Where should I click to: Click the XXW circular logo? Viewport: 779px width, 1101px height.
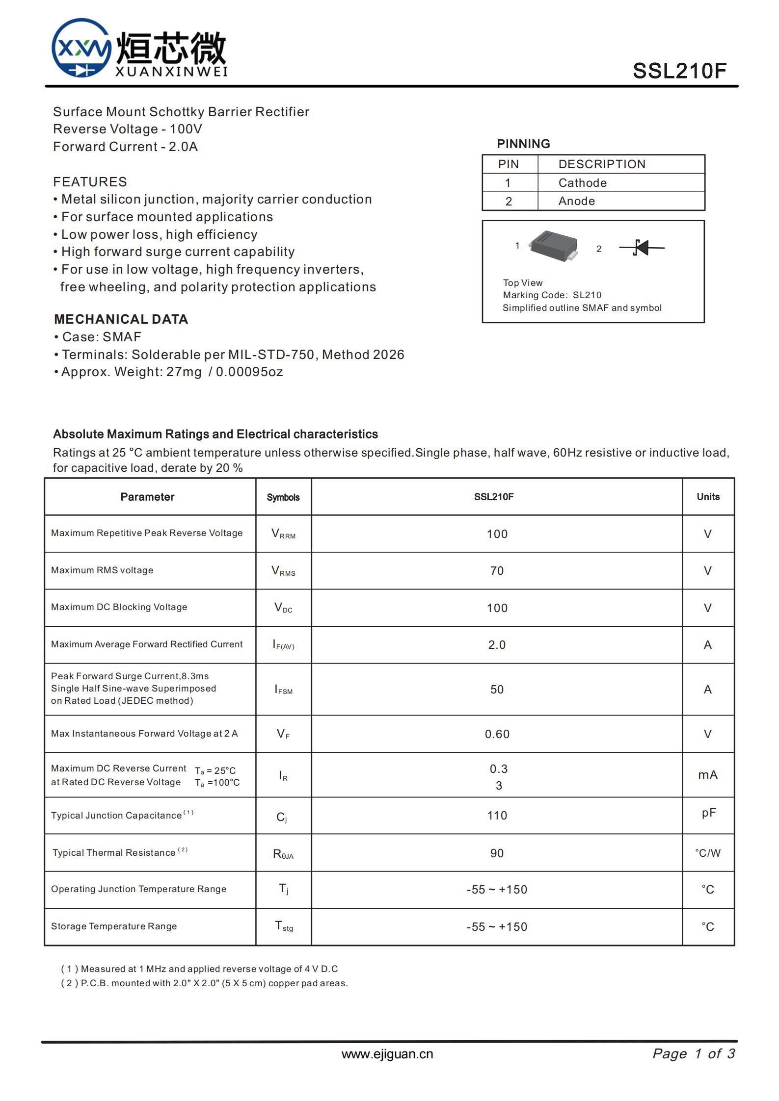click(x=81, y=48)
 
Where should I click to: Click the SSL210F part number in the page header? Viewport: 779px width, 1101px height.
click(x=679, y=71)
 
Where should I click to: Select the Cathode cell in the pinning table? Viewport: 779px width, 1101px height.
click(x=582, y=183)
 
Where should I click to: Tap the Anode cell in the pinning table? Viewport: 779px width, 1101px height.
click(x=576, y=201)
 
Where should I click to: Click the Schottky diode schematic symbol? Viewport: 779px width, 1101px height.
click(x=642, y=248)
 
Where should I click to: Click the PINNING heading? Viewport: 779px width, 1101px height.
click(x=523, y=144)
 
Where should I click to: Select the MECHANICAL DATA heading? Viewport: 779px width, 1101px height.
click(x=121, y=319)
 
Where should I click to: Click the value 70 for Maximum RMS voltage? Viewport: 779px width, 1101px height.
click(x=497, y=571)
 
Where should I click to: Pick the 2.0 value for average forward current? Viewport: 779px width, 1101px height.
click(x=497, y=645)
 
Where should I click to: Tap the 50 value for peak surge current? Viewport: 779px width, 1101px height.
click(x=497, y=690)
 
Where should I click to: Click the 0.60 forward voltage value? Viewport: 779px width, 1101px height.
click(x=497, y=734)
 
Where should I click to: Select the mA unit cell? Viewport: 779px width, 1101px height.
click(x=707, y=775)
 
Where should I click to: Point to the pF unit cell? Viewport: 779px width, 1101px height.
click(x=708, y=813)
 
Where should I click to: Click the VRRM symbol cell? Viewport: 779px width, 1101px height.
click(x=283, y=534)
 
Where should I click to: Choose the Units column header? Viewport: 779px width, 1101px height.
click(x=708, y=497)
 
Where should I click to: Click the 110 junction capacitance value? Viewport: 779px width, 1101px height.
click(x=497, y=816)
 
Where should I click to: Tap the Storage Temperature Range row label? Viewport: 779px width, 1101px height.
click(x=114, y=926)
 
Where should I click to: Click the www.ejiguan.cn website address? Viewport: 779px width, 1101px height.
click(x=387, y=1054)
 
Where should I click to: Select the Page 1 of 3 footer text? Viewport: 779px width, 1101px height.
click(x=693, y=1054)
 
